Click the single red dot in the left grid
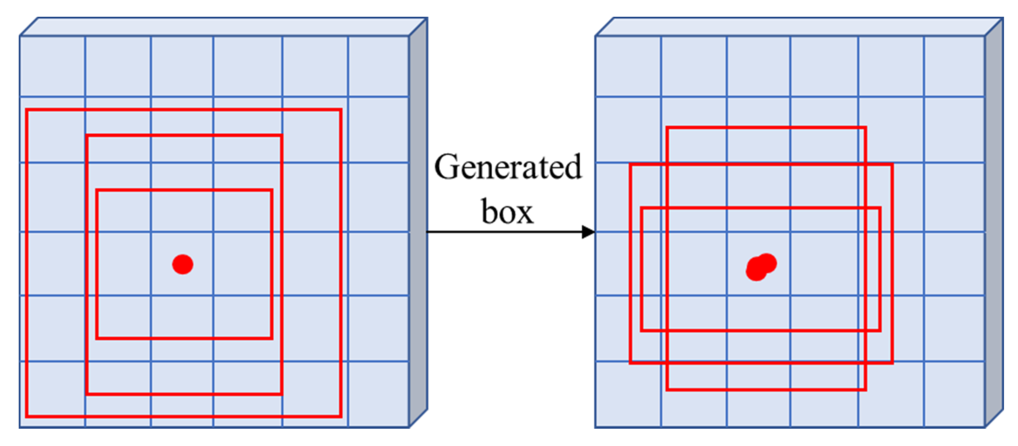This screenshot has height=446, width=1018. [x=183, y=264]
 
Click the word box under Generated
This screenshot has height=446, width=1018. [x=508, y=212]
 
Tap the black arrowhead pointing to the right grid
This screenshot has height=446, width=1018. [x=588, y=232]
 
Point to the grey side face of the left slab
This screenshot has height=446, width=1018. [x=418, y=222]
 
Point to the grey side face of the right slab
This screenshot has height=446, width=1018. [x=994, y=222]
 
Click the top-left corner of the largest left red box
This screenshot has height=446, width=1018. [x=27, y=110]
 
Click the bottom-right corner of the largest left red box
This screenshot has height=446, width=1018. [x=341, y=416]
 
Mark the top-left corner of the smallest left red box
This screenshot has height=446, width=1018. [x=97, y=190]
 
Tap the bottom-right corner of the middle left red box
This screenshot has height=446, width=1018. [x=281, y=394]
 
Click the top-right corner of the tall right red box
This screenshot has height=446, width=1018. [x=865, y=128]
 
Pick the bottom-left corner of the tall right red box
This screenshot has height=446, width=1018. [x=667, y=390]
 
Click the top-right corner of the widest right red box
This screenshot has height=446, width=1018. [x=892, y=164]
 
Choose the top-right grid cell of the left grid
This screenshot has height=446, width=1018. [x=378, y=67]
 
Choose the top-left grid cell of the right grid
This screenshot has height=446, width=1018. [x=628, y=67]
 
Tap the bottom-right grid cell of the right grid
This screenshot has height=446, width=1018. [x=954, y=394]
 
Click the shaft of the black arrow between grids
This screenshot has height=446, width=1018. [x=502, y=232]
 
